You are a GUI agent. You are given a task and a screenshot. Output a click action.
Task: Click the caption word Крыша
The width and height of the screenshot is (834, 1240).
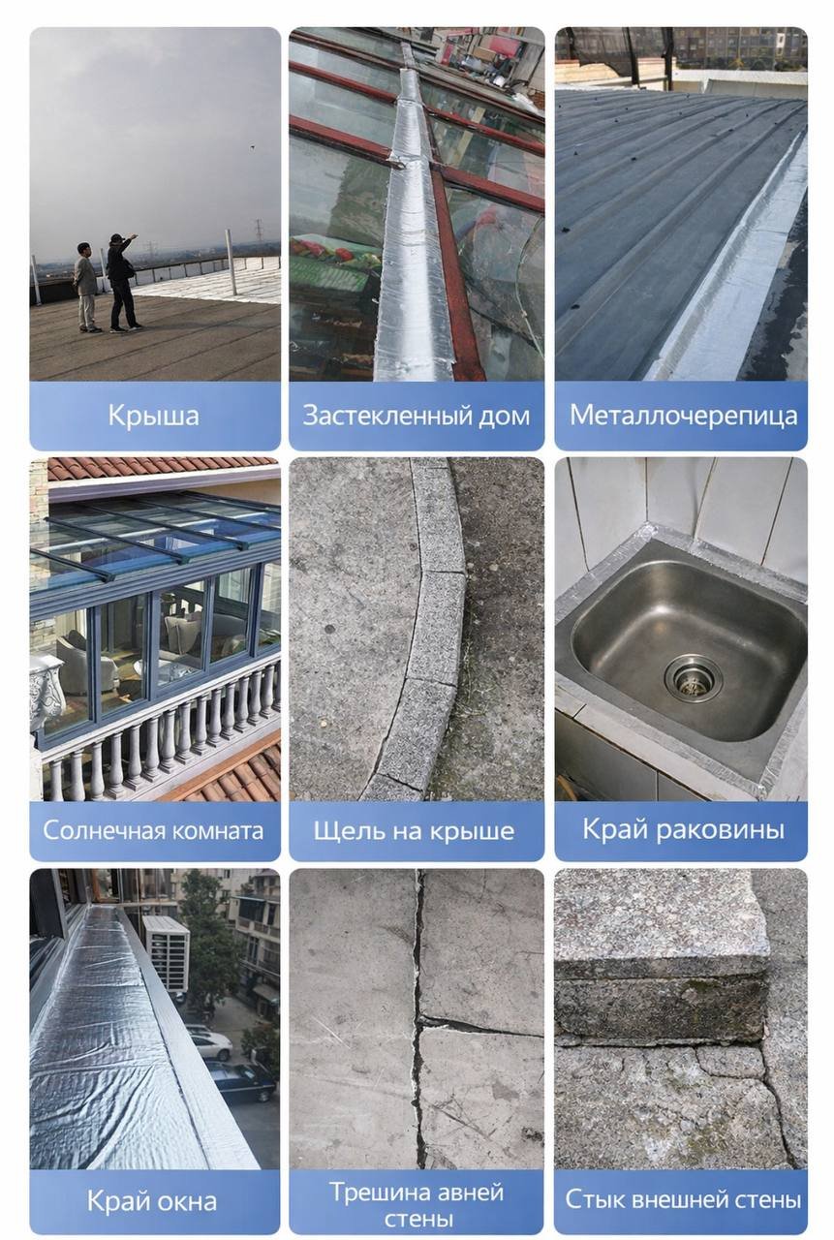click(x=153, y=416)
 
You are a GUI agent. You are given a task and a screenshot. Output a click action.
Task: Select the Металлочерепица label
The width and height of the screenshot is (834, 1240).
click(x=683, y=416)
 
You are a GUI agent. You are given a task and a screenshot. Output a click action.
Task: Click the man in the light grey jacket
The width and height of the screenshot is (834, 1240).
click(x=86, y=288)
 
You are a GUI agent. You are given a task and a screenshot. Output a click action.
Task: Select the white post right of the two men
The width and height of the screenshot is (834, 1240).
click(x=231, y=263)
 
